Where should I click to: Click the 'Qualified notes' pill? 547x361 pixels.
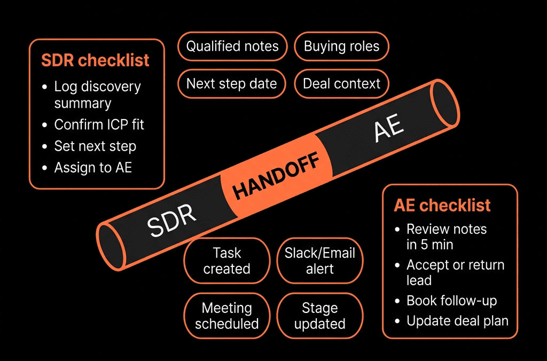232,46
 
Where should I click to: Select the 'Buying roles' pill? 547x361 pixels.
341,46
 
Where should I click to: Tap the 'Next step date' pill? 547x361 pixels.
232,84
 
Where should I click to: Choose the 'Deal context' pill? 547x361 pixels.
341,84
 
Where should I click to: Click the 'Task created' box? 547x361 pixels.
227,261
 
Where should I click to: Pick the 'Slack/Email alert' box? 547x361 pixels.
320,261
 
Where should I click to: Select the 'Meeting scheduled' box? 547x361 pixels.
227,316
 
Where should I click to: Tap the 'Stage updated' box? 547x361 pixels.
320,316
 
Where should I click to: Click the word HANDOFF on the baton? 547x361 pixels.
276,176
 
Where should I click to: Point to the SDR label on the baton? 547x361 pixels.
171,221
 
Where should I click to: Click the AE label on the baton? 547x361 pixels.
389,128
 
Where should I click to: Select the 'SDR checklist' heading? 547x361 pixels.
95,60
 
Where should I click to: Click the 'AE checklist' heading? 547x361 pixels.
442,205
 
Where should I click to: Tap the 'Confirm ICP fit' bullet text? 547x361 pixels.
99,124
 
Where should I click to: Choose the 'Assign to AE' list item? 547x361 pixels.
93,168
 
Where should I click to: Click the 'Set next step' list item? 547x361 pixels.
95,146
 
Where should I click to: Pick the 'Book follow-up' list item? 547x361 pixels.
452,301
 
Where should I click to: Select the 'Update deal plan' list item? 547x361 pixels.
458,321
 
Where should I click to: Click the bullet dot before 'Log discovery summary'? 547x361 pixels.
44,87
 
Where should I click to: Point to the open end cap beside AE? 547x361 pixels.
444,103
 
